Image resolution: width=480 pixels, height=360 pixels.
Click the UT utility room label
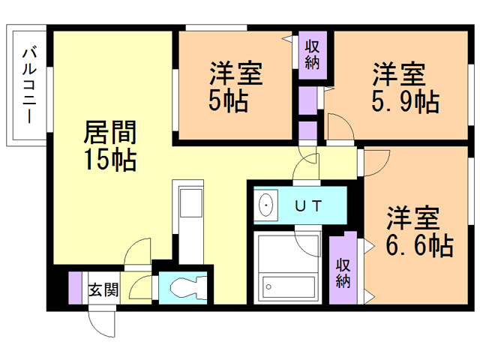point(308,205)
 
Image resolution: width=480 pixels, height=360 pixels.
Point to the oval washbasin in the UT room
point(265,205)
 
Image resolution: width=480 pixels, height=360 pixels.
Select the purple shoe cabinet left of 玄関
point(75,288)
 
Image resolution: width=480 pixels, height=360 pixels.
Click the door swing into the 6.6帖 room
point(375,161)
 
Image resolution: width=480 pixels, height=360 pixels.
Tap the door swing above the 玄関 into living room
point(139,253)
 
